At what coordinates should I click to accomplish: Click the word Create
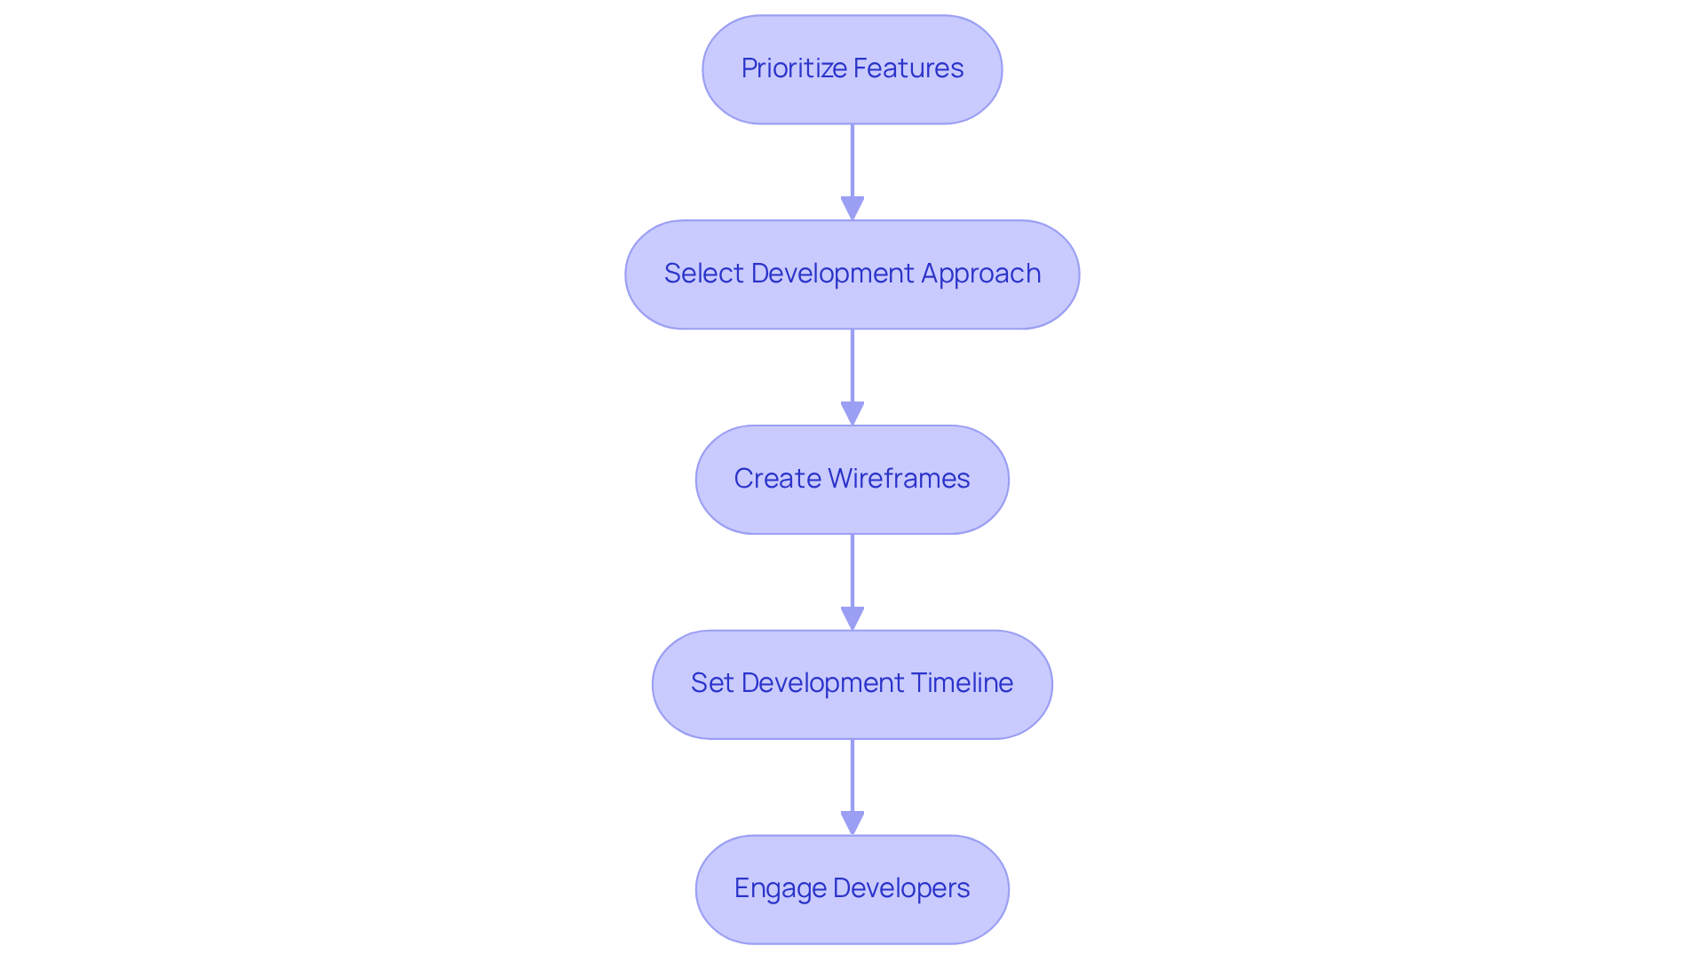776,479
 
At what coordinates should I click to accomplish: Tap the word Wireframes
899,479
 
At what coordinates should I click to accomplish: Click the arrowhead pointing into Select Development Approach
852,208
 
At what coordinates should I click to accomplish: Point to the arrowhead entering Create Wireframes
852,413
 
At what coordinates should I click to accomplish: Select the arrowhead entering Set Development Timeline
852,618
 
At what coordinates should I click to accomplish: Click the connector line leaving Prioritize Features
852,160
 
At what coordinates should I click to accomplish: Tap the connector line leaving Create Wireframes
852,570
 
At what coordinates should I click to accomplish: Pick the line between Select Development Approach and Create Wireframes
852,365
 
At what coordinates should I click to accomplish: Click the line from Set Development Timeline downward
852,775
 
